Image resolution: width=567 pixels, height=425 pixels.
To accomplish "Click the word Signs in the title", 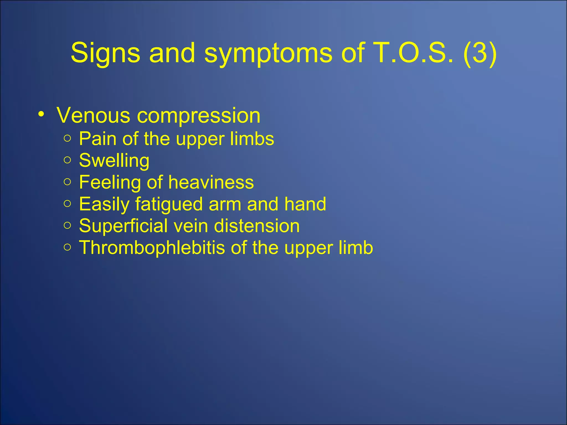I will coord(105,53).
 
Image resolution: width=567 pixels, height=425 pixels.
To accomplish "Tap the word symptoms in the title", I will coord(268,53).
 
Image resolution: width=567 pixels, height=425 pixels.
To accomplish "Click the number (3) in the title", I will coord(480,53).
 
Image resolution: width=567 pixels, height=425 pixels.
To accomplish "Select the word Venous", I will coord(93,115).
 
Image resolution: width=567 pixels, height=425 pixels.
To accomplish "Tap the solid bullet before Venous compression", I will coord(41,114).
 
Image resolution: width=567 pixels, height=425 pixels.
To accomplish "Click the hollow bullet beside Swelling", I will coord(67,160).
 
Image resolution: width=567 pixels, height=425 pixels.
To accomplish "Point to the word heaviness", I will coord(211,182).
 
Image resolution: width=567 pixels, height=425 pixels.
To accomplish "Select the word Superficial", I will coord(123,226).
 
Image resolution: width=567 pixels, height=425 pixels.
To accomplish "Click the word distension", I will coord(257,226).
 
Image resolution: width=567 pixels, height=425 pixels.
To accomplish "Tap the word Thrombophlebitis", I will coord(152,248).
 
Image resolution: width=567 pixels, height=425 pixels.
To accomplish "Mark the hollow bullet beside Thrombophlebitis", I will coord(67,247).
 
